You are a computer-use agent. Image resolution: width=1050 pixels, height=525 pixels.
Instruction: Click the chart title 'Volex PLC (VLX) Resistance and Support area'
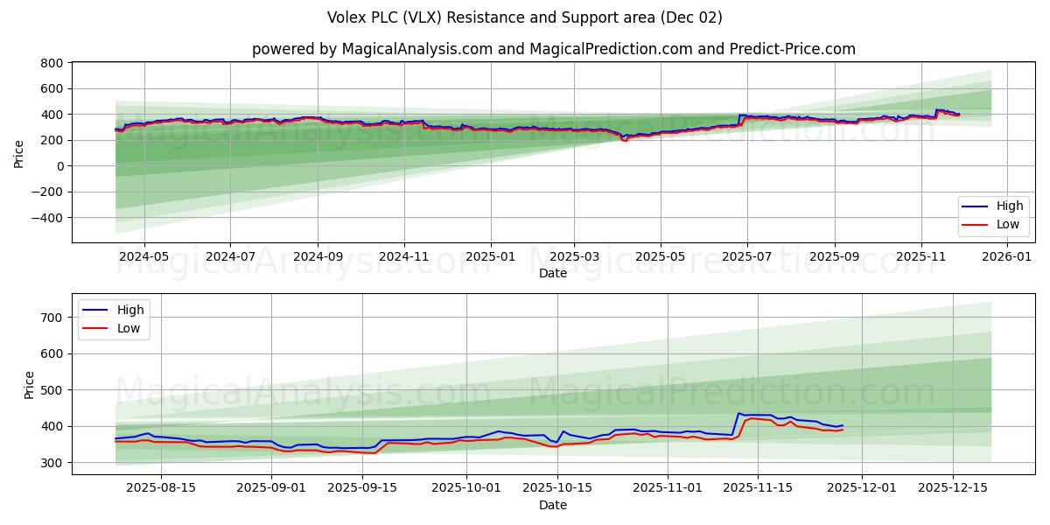point(525,17)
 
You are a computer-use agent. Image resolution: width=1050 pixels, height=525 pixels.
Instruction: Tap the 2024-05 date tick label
point(143,257)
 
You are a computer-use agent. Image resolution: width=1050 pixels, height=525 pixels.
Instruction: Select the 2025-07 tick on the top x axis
point(747,257)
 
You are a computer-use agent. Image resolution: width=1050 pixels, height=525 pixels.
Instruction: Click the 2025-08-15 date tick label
point(162,488)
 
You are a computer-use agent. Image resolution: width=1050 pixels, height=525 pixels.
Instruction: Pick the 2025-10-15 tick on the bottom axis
point(556,488)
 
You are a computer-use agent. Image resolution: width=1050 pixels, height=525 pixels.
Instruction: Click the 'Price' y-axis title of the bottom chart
point(30,385)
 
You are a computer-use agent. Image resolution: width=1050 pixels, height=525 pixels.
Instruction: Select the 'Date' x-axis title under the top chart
point(552,273)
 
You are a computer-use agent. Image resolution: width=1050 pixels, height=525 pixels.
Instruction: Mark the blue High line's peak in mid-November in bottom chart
point(738,413)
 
